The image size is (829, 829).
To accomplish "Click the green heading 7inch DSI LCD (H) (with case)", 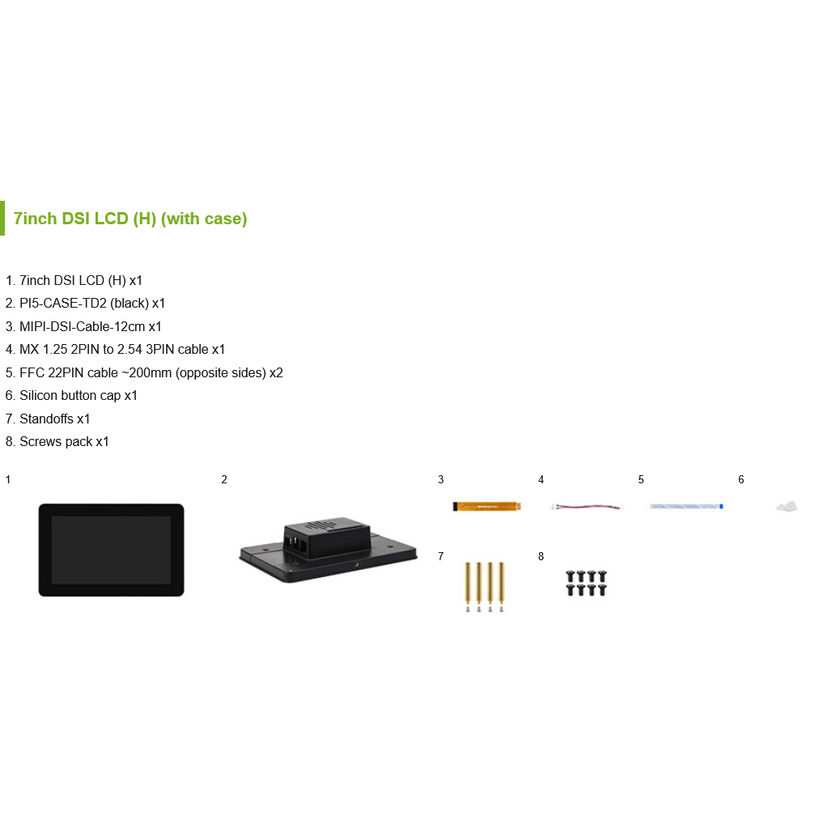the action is (130, 219).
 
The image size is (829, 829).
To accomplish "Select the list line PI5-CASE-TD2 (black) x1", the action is (85, 304).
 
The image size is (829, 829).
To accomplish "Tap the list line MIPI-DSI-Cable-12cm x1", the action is (83, 327).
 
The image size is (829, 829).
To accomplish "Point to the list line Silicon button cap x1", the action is (71, 395).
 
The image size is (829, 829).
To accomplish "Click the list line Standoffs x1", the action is (48, 419).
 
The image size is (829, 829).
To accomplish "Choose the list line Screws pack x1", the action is (57, 441).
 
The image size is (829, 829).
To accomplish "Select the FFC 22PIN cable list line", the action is (144, 372).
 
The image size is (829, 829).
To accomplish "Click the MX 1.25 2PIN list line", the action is (115, 350).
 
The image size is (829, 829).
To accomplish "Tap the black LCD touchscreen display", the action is (111, 550).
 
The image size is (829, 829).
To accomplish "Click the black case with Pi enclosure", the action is (328, 550).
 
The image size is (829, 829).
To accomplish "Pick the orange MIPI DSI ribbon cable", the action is (487, 507).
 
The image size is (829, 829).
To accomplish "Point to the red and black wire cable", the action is (586, 507).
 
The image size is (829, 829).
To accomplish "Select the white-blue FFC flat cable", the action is (687, 507).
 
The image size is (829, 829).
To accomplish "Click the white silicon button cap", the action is (787, 507).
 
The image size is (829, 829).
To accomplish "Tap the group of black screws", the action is (586, 583).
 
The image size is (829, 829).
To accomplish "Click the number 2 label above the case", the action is (224, 479).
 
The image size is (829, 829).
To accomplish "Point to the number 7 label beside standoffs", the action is (440, 556).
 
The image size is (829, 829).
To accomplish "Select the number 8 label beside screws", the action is (541, 556).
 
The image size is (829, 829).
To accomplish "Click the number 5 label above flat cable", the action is (641, 479).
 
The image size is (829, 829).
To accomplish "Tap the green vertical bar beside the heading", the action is (2, 218).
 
